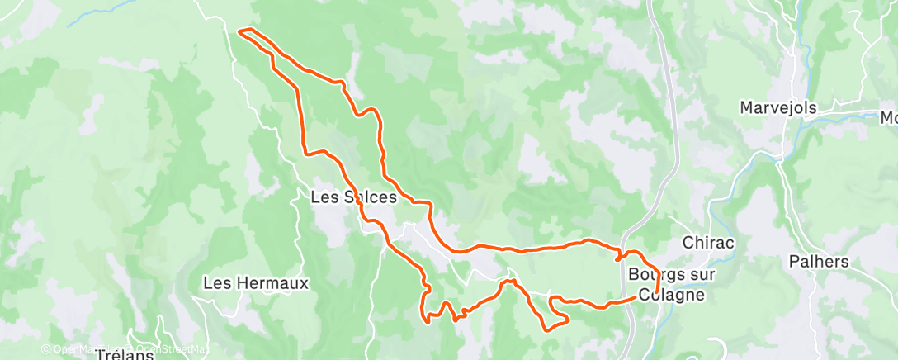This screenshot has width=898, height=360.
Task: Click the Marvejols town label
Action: point(777,108)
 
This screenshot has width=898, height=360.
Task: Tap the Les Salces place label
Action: point(353,198)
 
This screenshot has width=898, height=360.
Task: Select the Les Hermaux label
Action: point(256,283)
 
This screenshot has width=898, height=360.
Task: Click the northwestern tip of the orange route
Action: point(240,31)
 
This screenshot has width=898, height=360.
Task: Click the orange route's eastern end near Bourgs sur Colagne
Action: point(656,291)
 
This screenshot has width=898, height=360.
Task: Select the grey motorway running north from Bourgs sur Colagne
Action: point(669,124)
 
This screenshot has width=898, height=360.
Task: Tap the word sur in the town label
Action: point(692,274)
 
